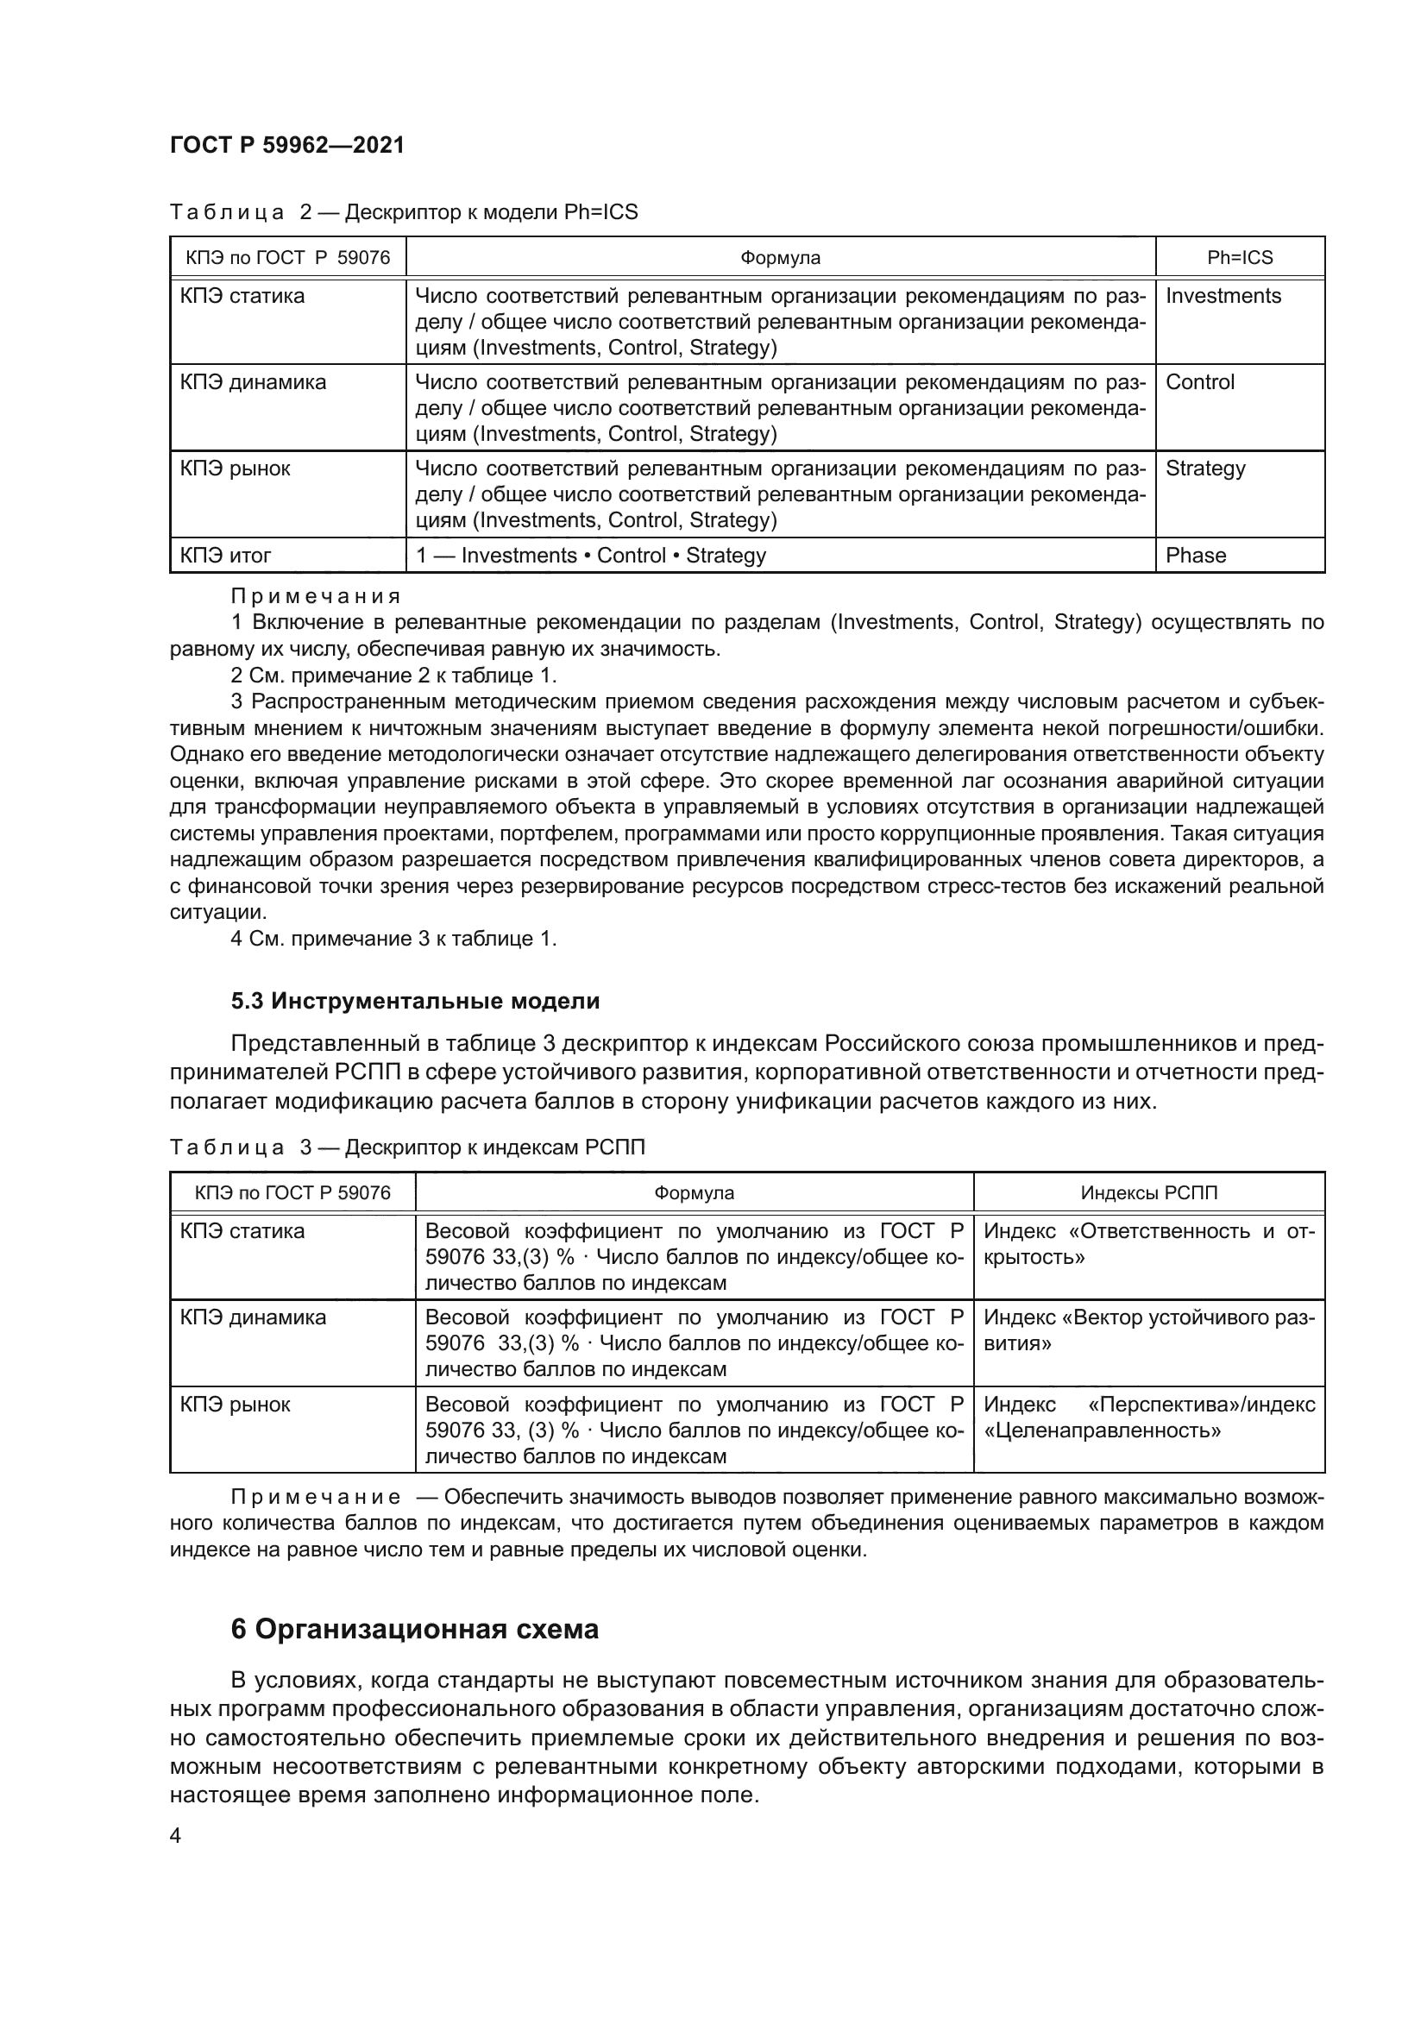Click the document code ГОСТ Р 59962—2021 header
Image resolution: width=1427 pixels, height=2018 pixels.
287,146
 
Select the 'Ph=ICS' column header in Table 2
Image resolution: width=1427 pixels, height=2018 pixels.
1239,257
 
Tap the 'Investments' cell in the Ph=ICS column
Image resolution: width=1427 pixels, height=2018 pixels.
1223,296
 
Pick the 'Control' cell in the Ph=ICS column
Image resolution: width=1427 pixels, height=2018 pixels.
1199,382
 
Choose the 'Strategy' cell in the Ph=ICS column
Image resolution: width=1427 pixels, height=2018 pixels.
1204,468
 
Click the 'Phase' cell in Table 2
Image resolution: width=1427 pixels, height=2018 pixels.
1195,556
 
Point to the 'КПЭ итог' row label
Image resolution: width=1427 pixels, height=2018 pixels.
226,556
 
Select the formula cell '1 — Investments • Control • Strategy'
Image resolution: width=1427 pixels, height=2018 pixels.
590,556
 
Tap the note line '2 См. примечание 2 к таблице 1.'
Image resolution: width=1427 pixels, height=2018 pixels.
393,676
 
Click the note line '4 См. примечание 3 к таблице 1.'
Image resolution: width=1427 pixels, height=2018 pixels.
393,939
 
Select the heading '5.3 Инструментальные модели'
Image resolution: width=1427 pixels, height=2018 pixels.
415,1001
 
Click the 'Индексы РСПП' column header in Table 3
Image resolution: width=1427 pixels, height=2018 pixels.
1148,1192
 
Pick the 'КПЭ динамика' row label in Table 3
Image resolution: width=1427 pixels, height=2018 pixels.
253,1317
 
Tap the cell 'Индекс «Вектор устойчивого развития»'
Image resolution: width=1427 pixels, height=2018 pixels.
1148,1330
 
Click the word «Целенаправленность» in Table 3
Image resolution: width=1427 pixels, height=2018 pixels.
1102,1430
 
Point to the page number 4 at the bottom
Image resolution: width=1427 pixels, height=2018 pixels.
176,1836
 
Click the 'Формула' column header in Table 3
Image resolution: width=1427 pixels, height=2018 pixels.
694,1192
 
